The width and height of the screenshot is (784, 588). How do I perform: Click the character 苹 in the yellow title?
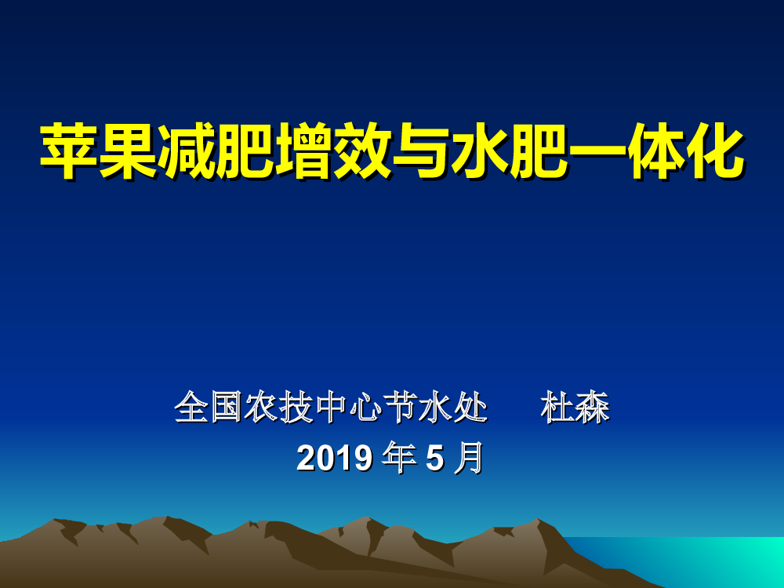68,151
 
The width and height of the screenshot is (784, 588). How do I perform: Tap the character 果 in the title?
128,151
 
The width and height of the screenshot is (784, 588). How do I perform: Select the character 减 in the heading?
186,151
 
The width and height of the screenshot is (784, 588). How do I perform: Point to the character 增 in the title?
303,151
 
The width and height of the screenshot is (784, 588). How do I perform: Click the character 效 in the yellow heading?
362,151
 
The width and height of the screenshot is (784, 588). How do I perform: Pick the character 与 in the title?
421,151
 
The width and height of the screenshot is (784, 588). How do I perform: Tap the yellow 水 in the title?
480,151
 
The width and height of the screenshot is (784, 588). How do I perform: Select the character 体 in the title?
656,151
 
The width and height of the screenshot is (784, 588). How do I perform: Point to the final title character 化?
715,151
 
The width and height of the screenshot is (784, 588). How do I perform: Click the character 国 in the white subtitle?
227,407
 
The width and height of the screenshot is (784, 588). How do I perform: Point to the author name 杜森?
575,407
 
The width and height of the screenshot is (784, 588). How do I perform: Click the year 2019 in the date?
335,458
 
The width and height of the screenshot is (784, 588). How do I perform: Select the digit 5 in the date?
434,459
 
